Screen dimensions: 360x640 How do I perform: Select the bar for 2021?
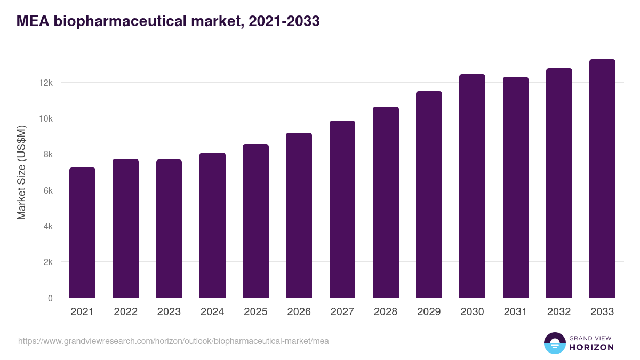click(x=82, y=233)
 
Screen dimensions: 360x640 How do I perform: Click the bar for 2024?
click(x=212, y=225)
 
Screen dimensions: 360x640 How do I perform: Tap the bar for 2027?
click(x=342, y=209)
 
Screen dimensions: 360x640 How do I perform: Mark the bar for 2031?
click(x=516, y=187)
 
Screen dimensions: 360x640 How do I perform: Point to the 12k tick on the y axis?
click(x=45, y=83)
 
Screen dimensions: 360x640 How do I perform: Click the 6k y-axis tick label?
click(x=47, y=190)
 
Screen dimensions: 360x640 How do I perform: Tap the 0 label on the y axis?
click(x=50, y=298)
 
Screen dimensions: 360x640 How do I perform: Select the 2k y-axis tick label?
click(x=47, y=262)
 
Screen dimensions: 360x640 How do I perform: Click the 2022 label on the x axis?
click(x=125, y=312)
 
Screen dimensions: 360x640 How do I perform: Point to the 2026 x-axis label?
click(x=299, y=312)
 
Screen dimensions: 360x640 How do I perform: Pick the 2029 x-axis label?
click(x=429, y=312)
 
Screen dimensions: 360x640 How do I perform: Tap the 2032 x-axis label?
click(x=559, y=312)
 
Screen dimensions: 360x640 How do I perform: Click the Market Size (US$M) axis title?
click(x=21, y=172)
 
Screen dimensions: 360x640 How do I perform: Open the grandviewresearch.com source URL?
click(x=173, y=341)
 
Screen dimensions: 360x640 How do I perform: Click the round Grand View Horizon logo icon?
click(x=554, y=343)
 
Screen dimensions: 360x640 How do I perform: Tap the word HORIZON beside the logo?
click(x=592, y=347)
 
